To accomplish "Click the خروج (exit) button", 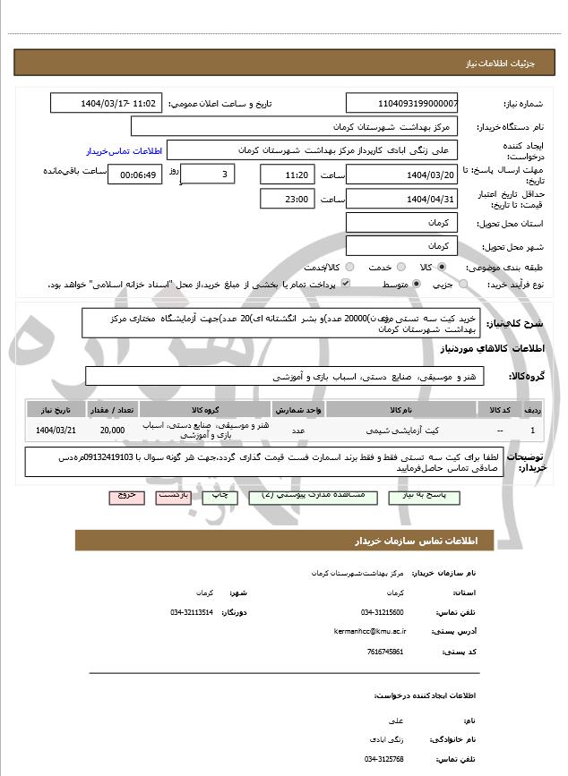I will pyautogui.click(x=126, y=496).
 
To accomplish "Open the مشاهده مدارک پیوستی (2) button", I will pyautogui.click(x=305, y=496).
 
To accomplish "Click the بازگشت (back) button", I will pyautogui.click(x=175, y=496).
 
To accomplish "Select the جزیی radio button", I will pyautogui.click(x=463, y=285).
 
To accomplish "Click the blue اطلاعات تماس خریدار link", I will pyautogui.click(x=122, y=150).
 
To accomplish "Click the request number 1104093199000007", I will pyautogui.click(x=401, y=104).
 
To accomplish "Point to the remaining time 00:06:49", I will pyautogui.click(x=134, y=175).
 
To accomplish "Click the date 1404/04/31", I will pyautogui.click(x=401, y=199).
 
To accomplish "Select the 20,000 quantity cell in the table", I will pyautogui.click(x=113, y=431).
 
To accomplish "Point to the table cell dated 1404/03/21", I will pyautogui.click(x=56, y=431).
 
